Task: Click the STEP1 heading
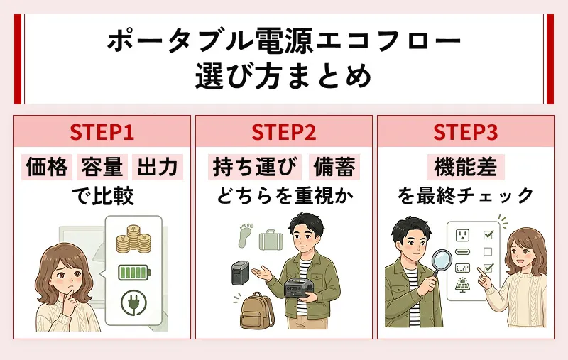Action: [102, 133]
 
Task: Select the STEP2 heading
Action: [283, 133]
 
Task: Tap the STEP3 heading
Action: [465, 133]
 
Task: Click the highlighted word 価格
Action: [47, 167]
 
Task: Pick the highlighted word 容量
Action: [102, 167]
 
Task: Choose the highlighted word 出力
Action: [157, 167]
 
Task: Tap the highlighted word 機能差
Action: [465, 167]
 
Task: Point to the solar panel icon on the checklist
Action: [462, 285]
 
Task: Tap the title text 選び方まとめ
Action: [283, 75]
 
